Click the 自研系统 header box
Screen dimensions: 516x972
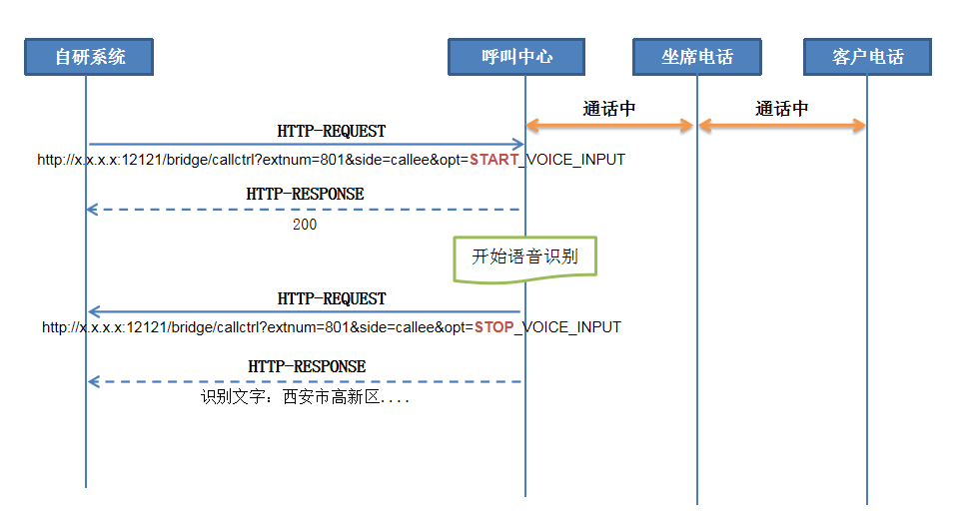click(x=90, y=57)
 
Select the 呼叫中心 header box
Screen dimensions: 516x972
click(x=515, y=57)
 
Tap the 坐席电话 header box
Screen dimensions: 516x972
click(x=696, y=57)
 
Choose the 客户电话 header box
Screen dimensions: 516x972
click(x=867, y=57)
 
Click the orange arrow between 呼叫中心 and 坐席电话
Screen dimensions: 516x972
click(x=610, y=125)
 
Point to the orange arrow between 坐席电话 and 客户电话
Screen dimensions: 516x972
click(x=782, y=125)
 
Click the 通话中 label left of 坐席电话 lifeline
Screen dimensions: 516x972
click(x=609, y=109)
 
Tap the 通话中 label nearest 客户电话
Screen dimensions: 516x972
click(x=782, y=109)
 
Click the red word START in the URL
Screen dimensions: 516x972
click(x=495, y=160)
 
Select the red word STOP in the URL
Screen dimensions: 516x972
click(x=494, y=327)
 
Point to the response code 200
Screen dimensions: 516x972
click(x=305, y=226)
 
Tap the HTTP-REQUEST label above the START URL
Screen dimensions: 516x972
click(x=331, y=132)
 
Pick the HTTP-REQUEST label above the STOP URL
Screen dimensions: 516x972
click(x=331, y=299)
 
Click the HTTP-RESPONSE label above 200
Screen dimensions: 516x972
click(x=305, y=194)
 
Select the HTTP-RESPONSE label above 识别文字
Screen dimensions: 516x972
click(x=307, y=367)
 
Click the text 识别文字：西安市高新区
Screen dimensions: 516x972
click(x=305, y=397)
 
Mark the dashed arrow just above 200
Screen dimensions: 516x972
click(x=305, y=210)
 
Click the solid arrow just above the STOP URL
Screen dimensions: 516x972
click(x=305, y=312)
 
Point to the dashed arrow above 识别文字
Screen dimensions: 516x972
click(x=305, y=381)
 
